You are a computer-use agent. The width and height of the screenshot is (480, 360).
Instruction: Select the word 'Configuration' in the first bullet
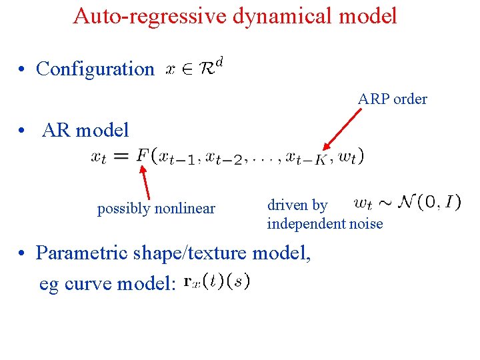[x=95, y=69]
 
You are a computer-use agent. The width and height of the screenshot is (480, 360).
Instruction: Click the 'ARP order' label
[x=392, y=99]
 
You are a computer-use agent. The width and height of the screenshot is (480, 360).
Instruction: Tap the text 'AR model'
[x=85, y=130]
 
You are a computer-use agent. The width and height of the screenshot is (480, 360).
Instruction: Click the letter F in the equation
[x=143, y=156]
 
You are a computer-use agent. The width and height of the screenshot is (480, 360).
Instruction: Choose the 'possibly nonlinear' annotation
[x=156, y=209]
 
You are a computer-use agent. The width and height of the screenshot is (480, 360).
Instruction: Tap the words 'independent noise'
[x=325, y=224]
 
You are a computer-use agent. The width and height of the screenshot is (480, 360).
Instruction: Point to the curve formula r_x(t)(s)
[x=217, y=282]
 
